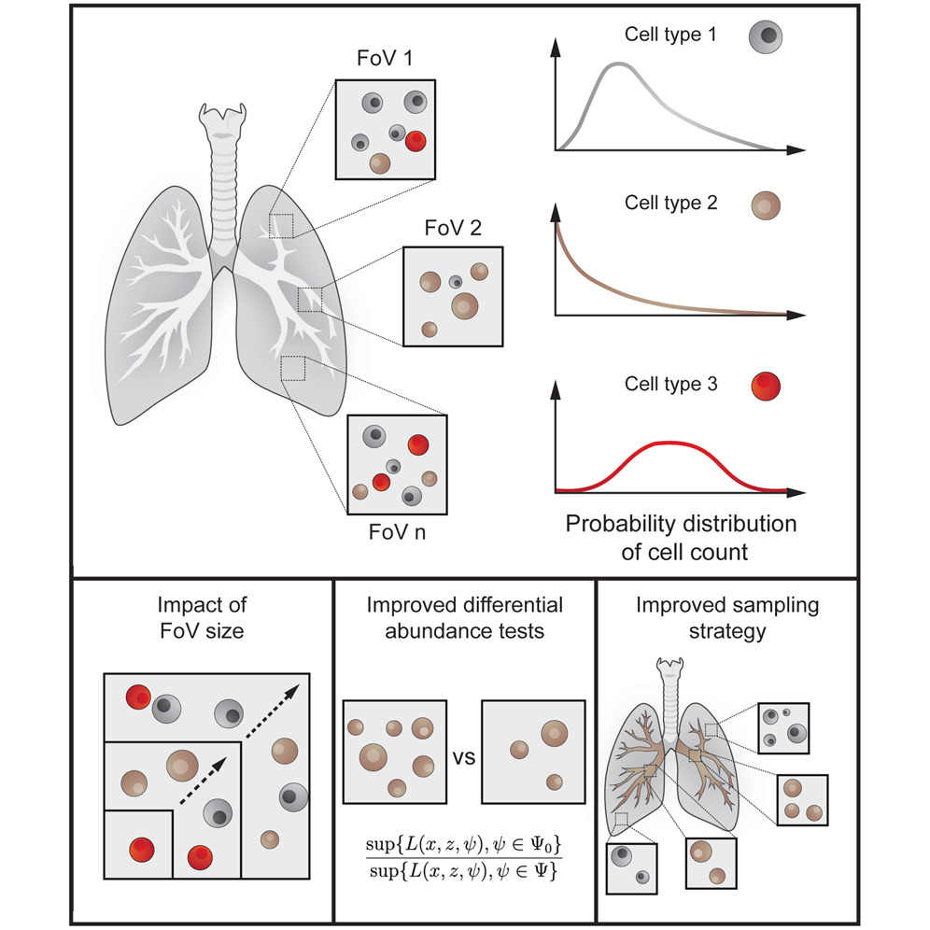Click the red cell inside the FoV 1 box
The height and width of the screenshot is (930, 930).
tap(416, 141)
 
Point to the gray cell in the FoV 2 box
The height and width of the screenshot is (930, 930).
tap(456, 281)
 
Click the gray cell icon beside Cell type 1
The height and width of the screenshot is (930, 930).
tap(765, 36)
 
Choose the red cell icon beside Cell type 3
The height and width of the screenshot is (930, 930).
tap(765, 385)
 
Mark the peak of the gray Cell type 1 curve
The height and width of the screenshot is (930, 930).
tap(616, 63)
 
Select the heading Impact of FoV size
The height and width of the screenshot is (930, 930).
tap(202, 617)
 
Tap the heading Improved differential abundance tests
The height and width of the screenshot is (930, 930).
tap(464, 617)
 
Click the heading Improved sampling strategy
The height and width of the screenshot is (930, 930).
tap(727, 617)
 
